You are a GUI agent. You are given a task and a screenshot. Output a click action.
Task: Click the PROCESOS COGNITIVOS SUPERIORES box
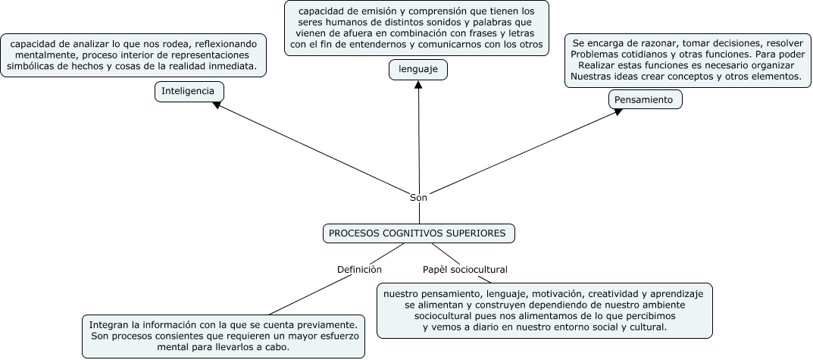pos(419,233)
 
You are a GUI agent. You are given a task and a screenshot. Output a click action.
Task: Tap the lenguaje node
pos(418,70)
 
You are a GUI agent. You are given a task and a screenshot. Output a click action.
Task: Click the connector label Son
pos(419,197)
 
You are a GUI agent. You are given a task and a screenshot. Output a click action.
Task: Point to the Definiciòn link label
pos(359,269)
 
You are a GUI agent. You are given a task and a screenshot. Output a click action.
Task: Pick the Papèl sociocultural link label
pos(464,269)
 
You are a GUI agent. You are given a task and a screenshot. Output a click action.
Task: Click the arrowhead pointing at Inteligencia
pos(217,105)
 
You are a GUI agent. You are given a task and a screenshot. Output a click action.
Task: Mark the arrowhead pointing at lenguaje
pos(419,84)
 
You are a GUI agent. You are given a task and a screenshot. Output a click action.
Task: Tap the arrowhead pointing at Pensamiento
pos(618,111)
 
